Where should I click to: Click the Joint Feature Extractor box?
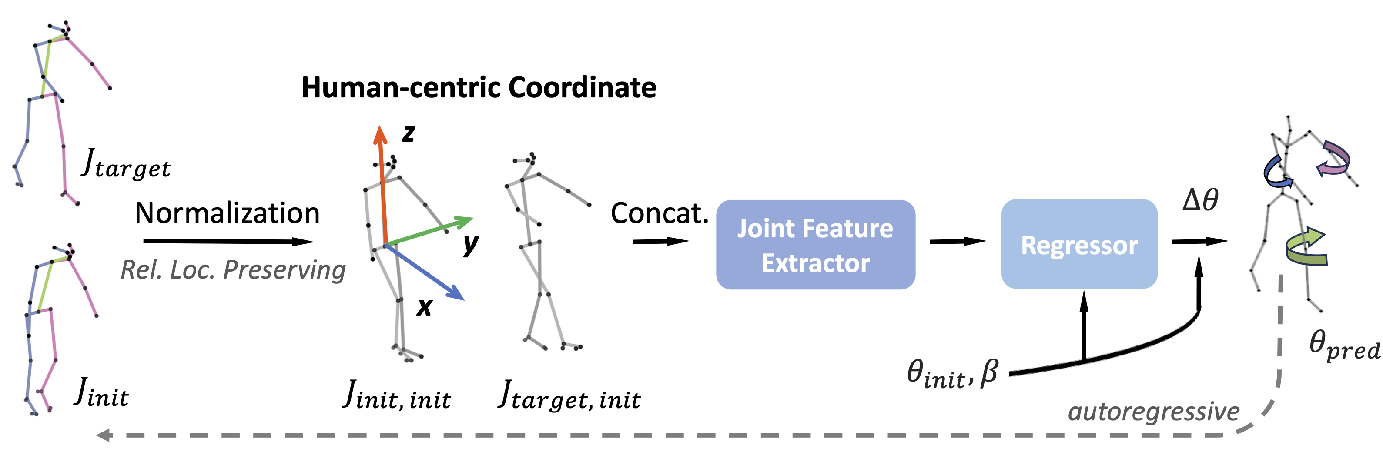click(x=815, y=245)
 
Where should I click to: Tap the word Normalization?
click(x=227, y=213)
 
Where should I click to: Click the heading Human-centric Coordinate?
click(x=479, y=87)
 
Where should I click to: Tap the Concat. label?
click(x=659, y=213)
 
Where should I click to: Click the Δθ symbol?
click(x=1200, y=200)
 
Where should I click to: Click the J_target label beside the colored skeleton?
click(x=126, y=163)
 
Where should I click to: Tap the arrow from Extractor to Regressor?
click(x=958, y=241)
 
